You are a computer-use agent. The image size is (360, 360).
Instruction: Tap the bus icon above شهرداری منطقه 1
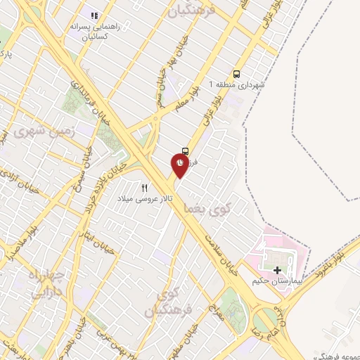[x=236, y=72]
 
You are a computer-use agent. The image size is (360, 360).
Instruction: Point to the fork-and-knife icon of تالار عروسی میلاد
[x=145, y=188]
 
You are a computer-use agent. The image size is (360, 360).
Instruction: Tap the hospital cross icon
[x=277, y=269]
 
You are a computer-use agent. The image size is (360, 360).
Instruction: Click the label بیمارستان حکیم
[x=276, y=281]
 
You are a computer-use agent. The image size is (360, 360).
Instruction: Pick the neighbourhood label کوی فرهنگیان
[x=163, y=301]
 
